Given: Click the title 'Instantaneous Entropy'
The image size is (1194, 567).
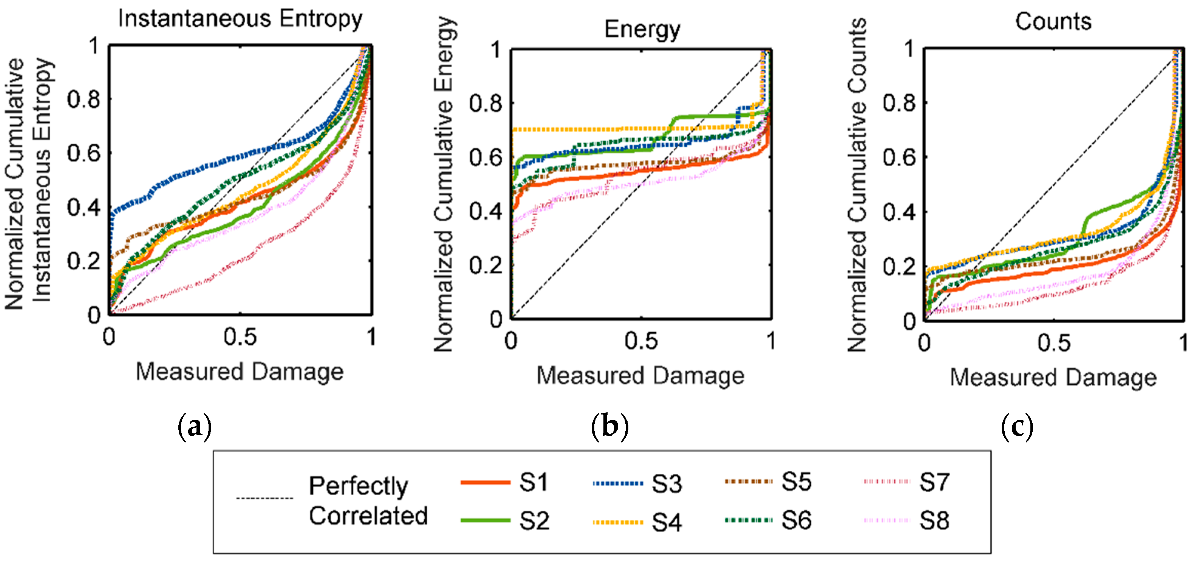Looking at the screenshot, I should point(240,20).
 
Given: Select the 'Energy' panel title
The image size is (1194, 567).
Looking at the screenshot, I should point(642,30).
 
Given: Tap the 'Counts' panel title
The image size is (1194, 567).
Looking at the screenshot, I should point(1053,21).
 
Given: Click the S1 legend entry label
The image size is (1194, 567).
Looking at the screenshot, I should point(534,483).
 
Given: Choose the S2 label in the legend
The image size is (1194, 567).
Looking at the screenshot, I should point(534,521).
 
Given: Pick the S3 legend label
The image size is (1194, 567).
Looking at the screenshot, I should point(667,484).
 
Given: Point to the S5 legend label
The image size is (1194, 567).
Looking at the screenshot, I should point(796,482).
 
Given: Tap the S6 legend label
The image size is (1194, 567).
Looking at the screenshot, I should point(796,520).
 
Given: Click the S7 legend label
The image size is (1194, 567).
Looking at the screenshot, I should point(934,482).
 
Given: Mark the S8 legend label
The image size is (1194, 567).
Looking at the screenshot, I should point(934,521).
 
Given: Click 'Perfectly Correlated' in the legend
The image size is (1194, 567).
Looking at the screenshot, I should point(368,501).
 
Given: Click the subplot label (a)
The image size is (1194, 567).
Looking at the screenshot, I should point(195,427).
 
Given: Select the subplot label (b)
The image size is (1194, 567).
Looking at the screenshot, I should point(610,427).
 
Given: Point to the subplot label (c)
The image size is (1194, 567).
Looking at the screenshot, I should point(1017,427).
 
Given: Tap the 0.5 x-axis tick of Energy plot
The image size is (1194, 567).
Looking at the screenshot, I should point(641,341).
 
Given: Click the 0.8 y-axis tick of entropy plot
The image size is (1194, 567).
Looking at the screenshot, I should point(84,99).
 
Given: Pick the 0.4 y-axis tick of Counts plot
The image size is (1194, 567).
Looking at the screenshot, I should point(899,212).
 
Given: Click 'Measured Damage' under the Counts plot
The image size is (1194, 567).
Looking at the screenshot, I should point(1053,377).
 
